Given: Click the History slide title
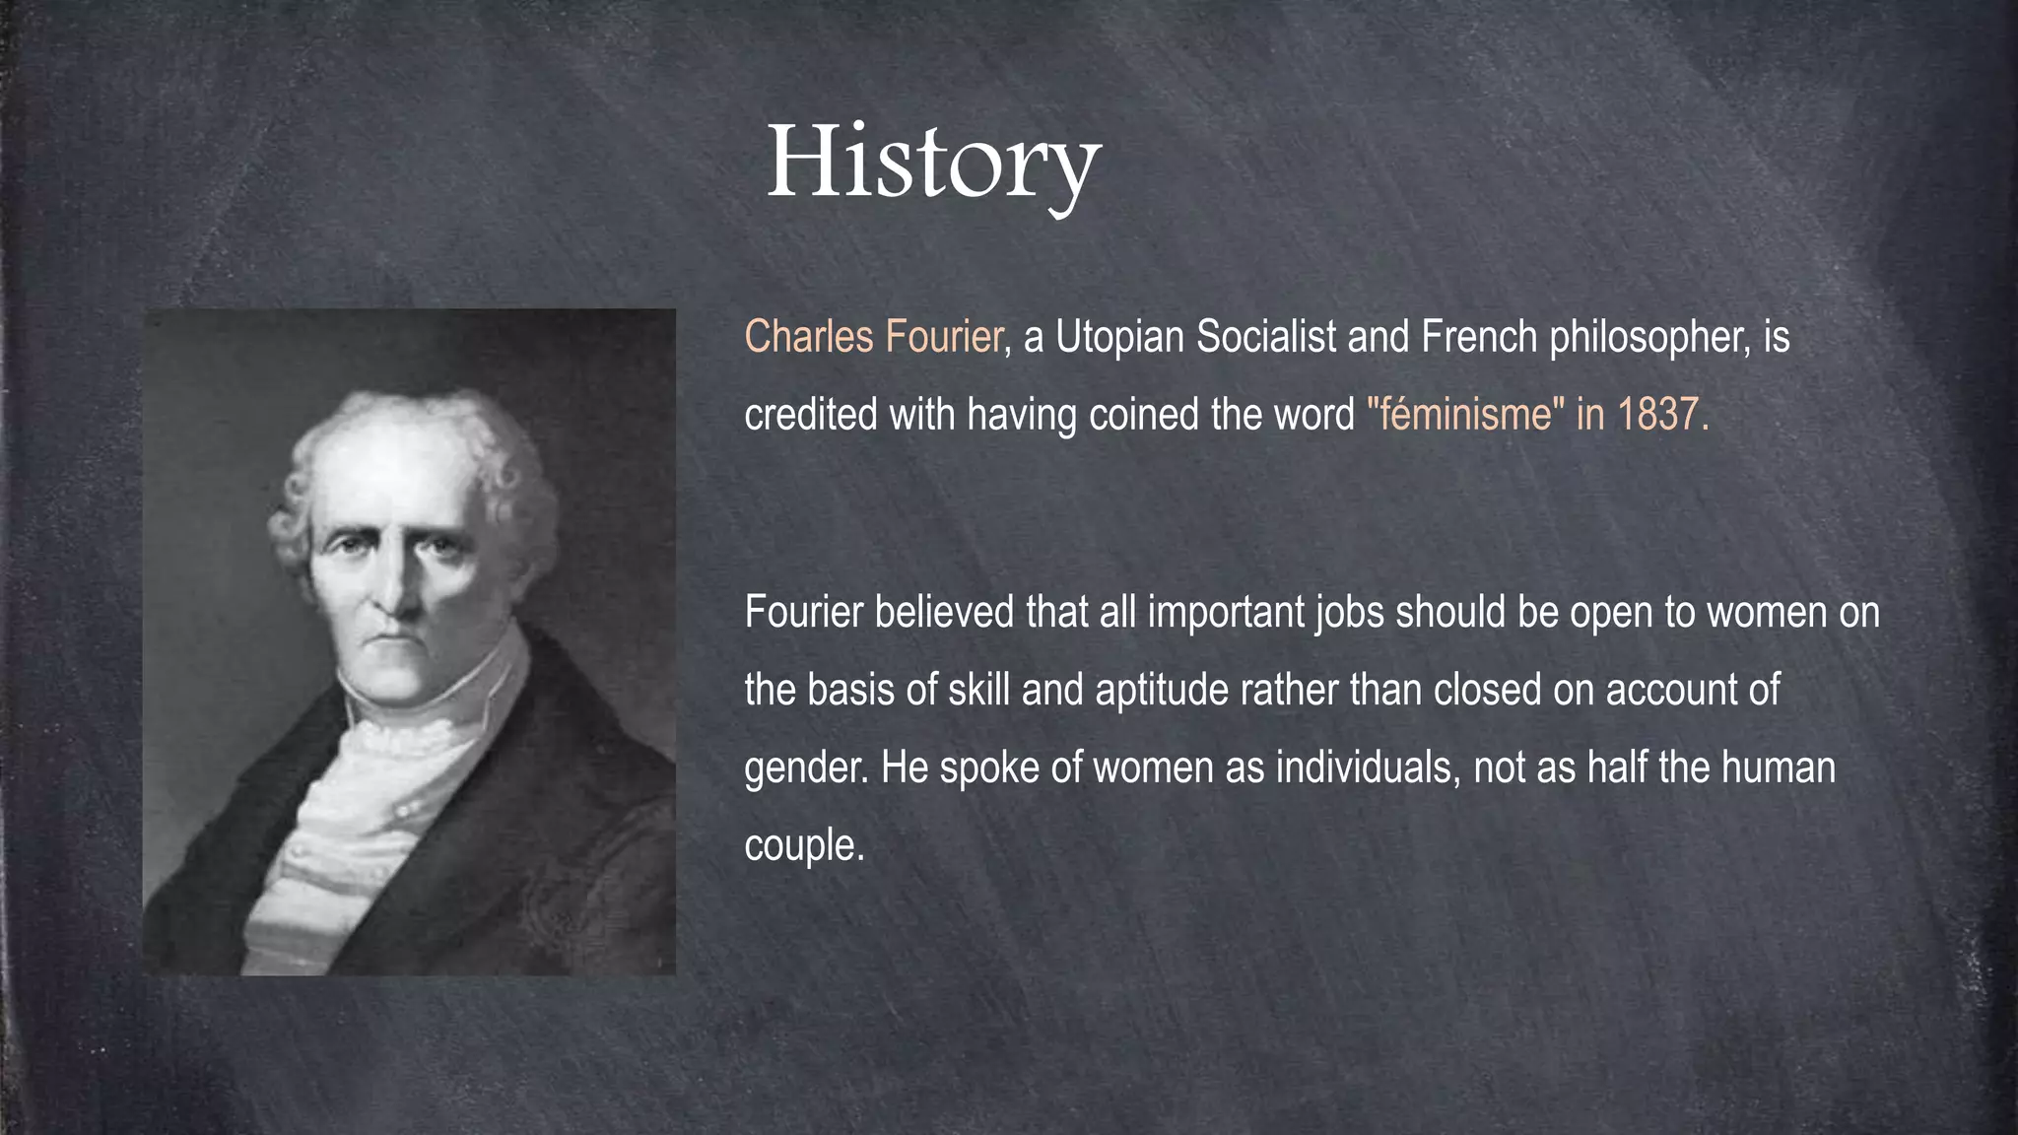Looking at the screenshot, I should point(932,163).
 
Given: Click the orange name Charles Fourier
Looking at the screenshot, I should point(873,337).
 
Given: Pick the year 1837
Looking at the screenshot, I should point(1657,414).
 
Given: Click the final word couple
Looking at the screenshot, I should point(803,845).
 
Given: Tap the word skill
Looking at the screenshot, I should point(979,690).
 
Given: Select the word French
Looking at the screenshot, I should point(1478,337).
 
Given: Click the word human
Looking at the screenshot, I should point(1778,767).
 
